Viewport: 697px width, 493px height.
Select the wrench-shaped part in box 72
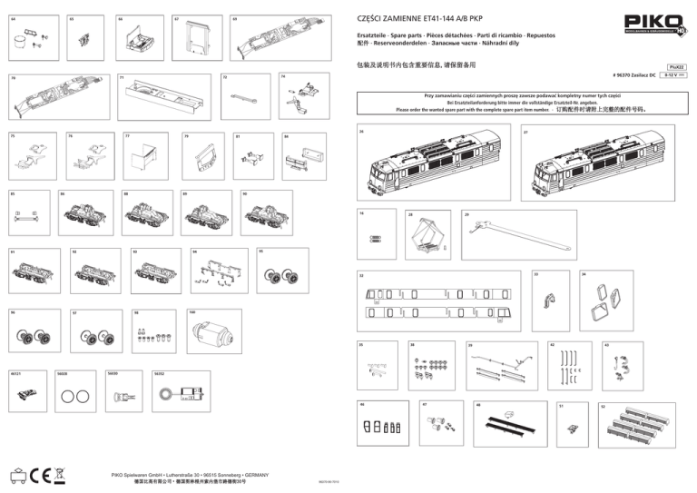245,95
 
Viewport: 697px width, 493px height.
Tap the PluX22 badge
677,66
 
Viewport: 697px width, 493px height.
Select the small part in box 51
571,427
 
